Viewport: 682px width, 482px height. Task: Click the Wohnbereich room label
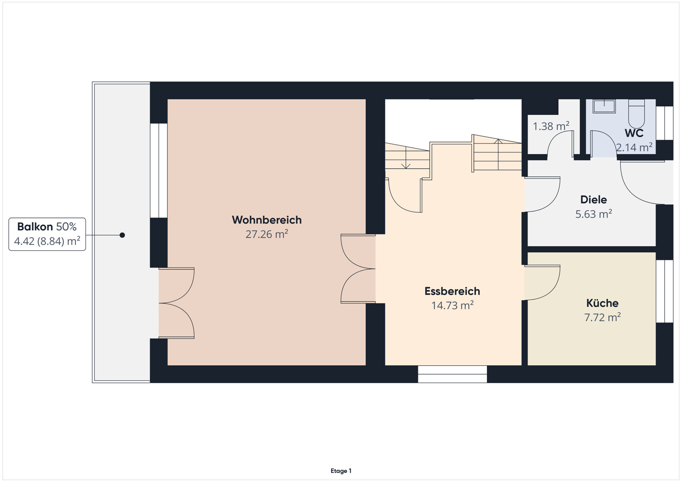point(266,220)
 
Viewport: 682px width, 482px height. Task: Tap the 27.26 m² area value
point(266,234)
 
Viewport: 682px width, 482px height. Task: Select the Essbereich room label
point(452,291)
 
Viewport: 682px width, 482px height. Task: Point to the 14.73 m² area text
point(452,305)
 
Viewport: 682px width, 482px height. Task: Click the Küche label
point(602,303)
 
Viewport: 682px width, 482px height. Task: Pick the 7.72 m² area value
point(602,317)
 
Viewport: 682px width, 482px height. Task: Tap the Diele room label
point(593,199)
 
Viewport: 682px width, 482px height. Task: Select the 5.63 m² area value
point(593,214)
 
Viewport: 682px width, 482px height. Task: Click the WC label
point(634,133)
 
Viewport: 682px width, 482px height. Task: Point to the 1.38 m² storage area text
point(551,126)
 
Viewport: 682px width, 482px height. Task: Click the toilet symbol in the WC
point(636,114)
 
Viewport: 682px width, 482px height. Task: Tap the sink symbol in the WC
point(604,106)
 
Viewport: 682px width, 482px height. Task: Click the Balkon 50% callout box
point(47,234)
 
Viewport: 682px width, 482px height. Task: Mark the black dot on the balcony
point(122,235)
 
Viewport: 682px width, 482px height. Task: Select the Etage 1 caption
point(341,471)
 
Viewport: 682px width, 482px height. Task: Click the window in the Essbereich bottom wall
point(452,374)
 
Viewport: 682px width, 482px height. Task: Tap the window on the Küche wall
point(664,291)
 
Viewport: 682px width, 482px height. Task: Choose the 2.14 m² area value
point(634,147)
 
